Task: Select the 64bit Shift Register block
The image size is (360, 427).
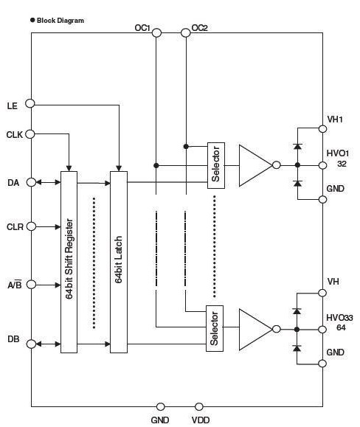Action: click(69, 261)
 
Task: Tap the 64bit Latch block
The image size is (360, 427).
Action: click(118, 261)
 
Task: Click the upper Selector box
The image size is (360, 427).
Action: click(215, 164)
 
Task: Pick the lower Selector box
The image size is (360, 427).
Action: click(215, 328)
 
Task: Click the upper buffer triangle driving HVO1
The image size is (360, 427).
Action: click(255, 164)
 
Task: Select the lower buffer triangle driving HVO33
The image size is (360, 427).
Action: click(255, 329)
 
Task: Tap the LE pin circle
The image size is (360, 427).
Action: click(30, 104)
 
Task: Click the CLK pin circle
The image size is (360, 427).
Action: click(30, 133)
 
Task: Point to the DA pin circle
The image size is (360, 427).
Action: click(30, 181)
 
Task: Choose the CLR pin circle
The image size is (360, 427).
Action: click(30, 226)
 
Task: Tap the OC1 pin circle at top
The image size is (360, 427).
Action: click(156, 33)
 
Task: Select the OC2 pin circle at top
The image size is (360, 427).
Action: click(185, 33)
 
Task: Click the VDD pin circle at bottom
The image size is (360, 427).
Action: click(198, 406)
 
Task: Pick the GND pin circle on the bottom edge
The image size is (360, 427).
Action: click(161, 406)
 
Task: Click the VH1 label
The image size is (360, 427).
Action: click(335, 119)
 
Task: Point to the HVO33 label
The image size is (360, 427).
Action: click(339, 317)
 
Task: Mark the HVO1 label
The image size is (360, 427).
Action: click(338, 153)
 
